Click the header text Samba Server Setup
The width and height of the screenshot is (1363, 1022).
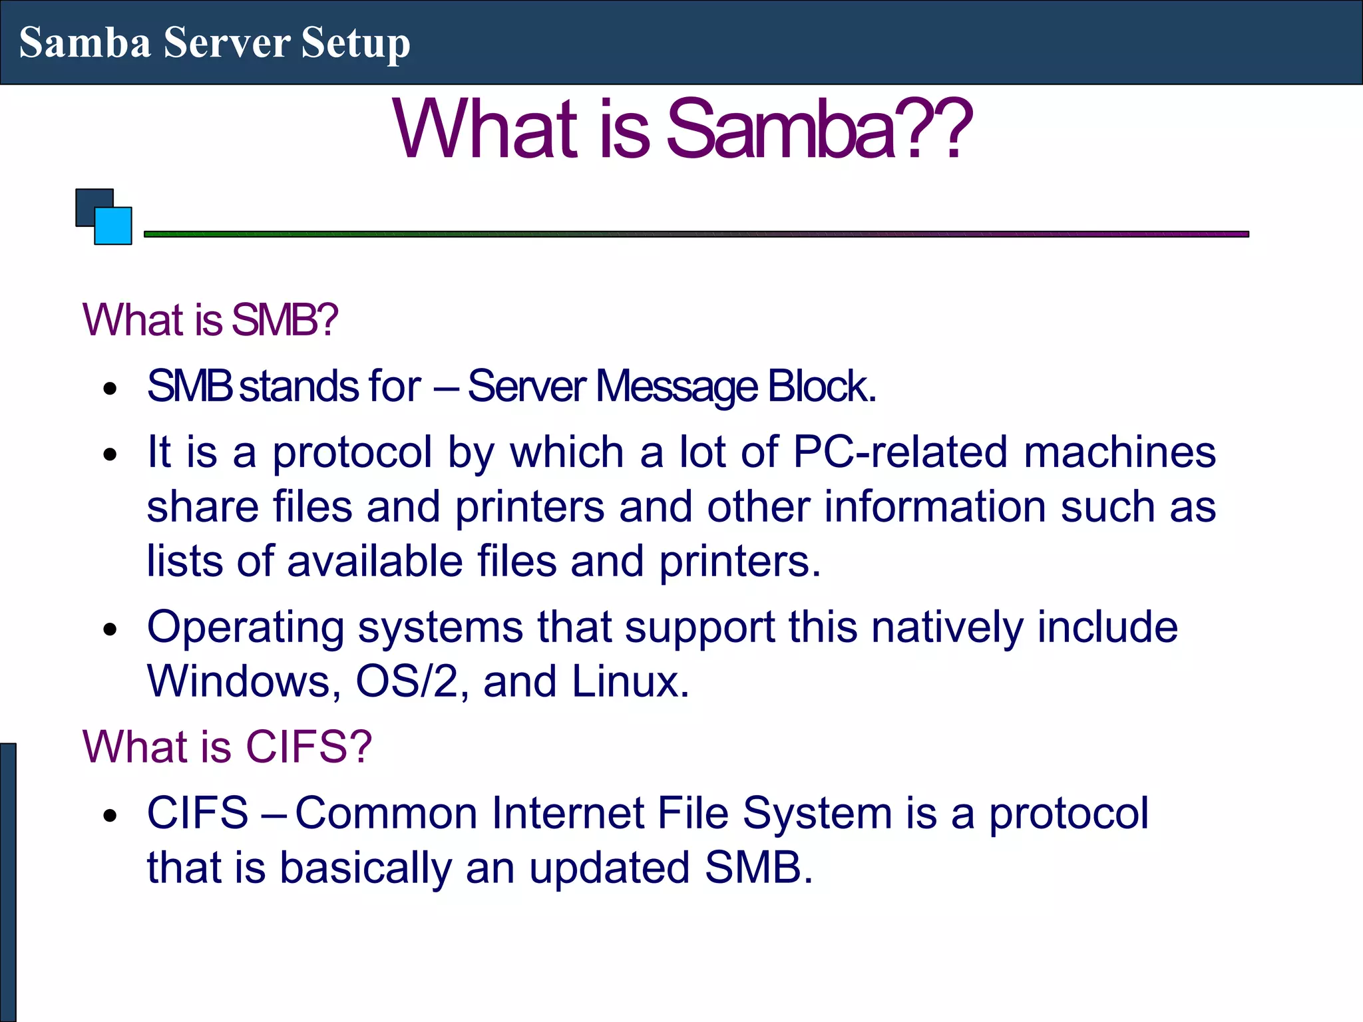(x=214, y=43)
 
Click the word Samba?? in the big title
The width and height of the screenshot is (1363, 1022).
(x=819, y=129)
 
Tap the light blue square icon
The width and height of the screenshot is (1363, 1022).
(x=114, y=227)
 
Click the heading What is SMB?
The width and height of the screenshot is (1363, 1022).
(x=210, y=320)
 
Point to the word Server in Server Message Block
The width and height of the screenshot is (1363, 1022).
(x=526, y=387)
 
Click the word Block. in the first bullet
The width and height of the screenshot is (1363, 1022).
(x=821, y=387)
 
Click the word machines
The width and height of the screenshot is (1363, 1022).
(x=1119, y=452)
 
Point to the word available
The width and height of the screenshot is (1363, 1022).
(x=375, y=561)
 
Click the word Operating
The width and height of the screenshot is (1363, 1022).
(x=246, y=628)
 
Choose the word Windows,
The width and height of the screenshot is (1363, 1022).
(x=244, y=682)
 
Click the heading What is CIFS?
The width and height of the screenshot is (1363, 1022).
(x=227, y=747)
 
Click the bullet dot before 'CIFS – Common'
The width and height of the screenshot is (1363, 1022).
(x=110, y=816)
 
